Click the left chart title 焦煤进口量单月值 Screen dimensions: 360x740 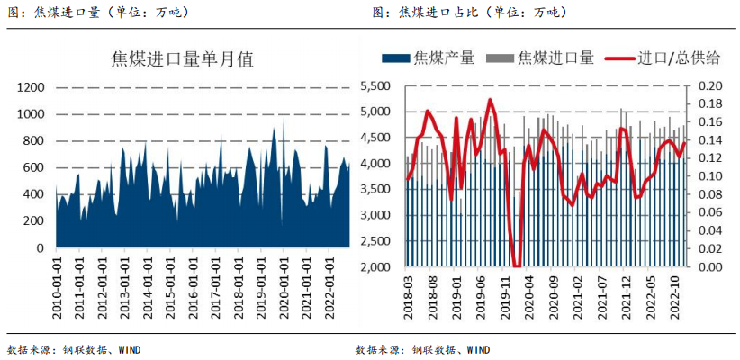pyautogui.click(x=182, y=60)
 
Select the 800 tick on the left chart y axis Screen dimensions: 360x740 pyautogui.click(x=33, y=140)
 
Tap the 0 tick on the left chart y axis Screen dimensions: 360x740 pyautogui.click(x=40, y=247)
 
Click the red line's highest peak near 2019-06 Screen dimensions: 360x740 pyautogui.click(x=490, y=100)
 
